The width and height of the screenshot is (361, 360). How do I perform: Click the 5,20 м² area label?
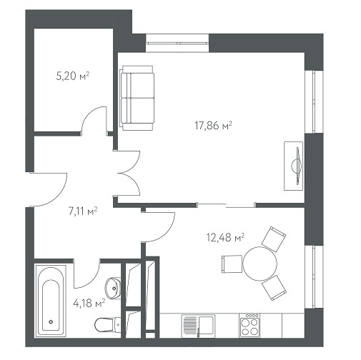tap(73, 76)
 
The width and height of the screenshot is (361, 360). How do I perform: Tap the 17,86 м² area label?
tap(213, 126)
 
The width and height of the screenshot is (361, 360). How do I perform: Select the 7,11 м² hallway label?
tap(83, 211)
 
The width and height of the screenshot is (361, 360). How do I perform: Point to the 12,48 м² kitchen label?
tap(225, 237)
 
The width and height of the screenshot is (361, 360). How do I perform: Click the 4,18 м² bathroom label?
tap(89, 304)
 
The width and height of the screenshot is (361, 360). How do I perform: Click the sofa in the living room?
tap(137, 98)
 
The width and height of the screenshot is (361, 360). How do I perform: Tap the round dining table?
tap(260, 264)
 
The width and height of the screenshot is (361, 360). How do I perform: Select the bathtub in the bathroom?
tap(51, 300)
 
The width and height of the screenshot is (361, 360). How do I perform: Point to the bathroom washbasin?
tap(114, 288)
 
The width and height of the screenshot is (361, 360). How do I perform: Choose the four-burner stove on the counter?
tap(249, 325)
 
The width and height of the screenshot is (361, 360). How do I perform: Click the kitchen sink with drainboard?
tap(198, 326)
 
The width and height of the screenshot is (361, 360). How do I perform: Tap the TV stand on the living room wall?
tap(294, 166)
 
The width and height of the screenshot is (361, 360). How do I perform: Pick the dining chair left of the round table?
tap(232, 264)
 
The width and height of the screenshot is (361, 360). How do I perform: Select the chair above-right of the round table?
tap(274, 239)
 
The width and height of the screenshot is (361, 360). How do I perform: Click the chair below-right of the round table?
tap(274, 288)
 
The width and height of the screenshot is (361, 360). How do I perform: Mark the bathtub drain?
tap(51, 322)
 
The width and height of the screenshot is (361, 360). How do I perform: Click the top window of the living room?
tap(177, 43)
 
